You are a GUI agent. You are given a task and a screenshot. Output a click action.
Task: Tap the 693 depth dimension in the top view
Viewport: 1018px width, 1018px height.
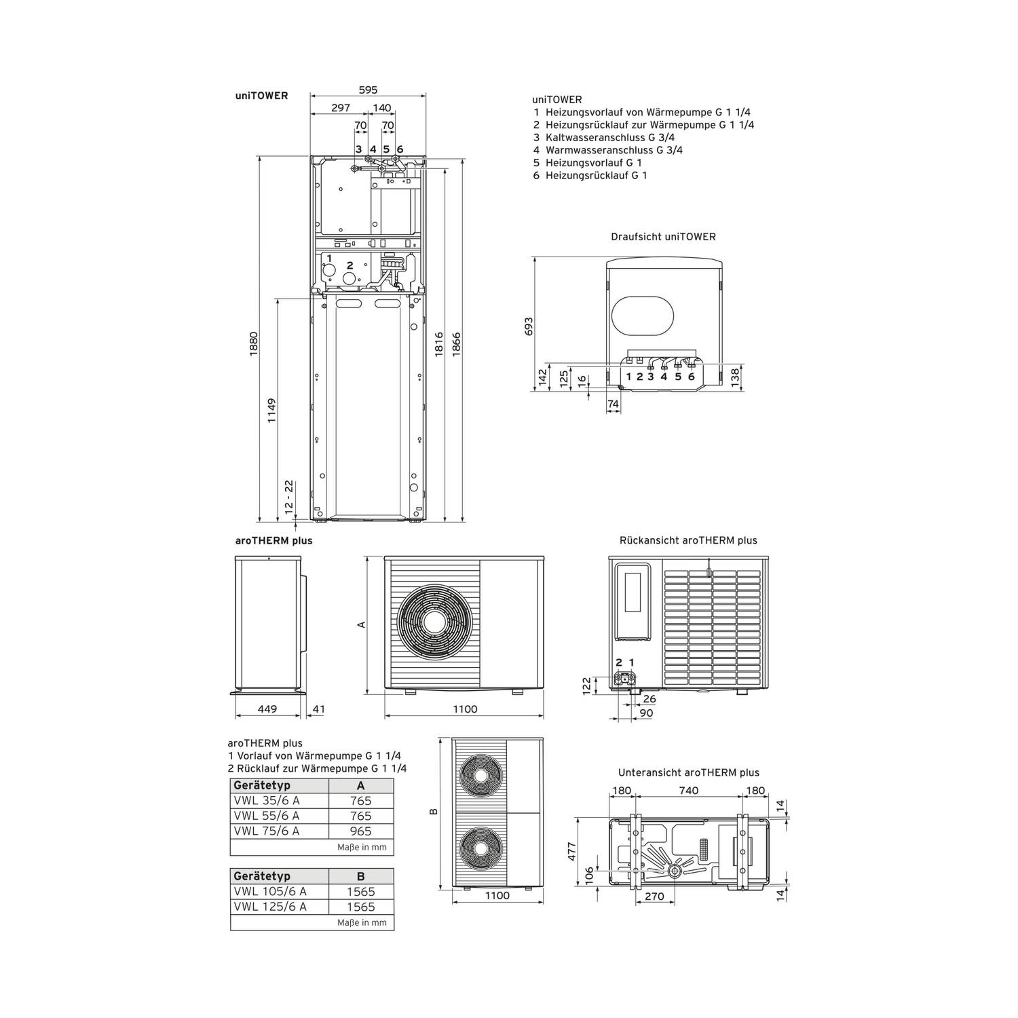click(529, 326)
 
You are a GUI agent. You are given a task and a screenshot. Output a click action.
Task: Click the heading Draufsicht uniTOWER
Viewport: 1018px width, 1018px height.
click(663, 237)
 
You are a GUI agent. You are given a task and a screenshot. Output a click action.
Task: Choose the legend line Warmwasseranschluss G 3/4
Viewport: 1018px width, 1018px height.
click(607, 150)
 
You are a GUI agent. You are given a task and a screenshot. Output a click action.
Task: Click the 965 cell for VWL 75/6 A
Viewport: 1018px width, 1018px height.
click(361, 831)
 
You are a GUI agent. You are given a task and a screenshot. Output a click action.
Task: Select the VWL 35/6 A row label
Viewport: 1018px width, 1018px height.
click(267, 801)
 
